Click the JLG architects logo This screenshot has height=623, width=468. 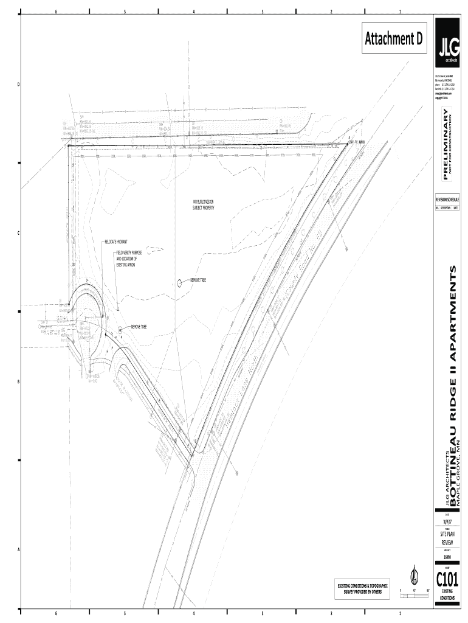(450, 46)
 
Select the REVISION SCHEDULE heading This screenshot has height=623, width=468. (447, 199)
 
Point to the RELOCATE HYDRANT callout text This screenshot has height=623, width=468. (115, 242)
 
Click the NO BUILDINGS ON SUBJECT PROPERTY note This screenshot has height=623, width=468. (204, 204)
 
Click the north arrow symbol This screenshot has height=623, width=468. (414, 573)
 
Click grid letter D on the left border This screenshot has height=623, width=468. (18, 84)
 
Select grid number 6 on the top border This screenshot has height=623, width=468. (56, 12)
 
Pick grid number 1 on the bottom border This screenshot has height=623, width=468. (400, 613)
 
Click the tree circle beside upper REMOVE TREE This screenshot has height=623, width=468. (179, 282)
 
